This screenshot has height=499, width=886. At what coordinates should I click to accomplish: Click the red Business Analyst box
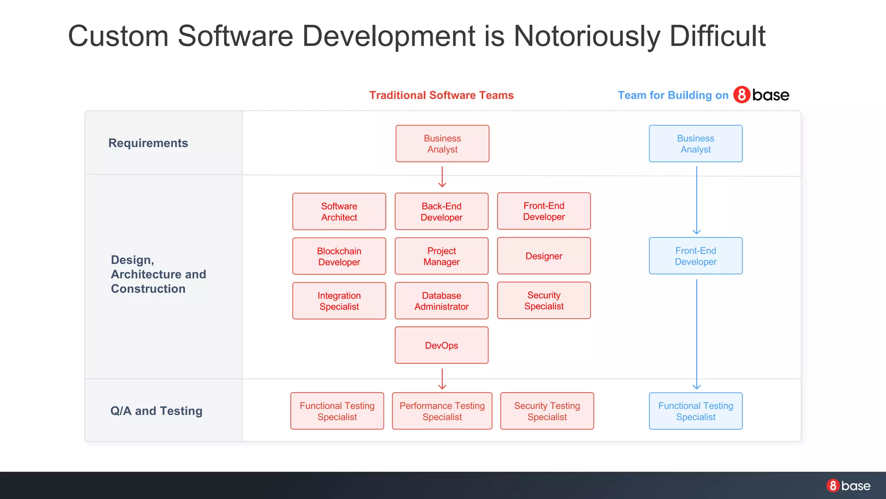click(442, 144)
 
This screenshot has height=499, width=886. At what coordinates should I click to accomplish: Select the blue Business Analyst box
click(696, 144)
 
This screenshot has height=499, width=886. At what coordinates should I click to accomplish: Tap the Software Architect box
click(339, 211)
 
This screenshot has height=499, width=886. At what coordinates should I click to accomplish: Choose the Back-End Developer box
click(441, 211)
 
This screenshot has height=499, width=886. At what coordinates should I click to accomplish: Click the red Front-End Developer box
click(544, 211)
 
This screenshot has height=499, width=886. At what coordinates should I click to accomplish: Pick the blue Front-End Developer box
click(696, 256)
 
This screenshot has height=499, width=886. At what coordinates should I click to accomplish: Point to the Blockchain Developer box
click(339, 256)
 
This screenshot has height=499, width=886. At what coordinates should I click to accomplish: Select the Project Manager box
click(441, 256)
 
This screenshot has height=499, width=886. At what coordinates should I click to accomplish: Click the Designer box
click(544, 256)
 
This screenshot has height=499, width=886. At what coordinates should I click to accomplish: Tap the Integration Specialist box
click(339, 301)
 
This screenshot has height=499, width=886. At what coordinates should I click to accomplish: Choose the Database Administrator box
click(441, 301)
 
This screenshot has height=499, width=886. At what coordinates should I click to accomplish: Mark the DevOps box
click(441, 345)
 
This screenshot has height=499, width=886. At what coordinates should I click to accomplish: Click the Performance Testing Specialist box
click(442, 411)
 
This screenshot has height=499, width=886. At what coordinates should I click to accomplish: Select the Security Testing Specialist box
click(547, 411)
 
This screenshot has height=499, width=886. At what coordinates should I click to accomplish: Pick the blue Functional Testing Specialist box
click(696, 411)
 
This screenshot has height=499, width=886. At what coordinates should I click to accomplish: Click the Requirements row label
click(148, 143)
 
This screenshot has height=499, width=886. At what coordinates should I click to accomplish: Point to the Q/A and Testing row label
click(156, 411)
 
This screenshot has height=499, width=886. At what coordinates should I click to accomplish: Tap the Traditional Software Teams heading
click(441, 95)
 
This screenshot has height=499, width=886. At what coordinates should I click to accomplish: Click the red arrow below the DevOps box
click(442, 379)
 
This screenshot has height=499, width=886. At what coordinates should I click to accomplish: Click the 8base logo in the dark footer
click(848, 486)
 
